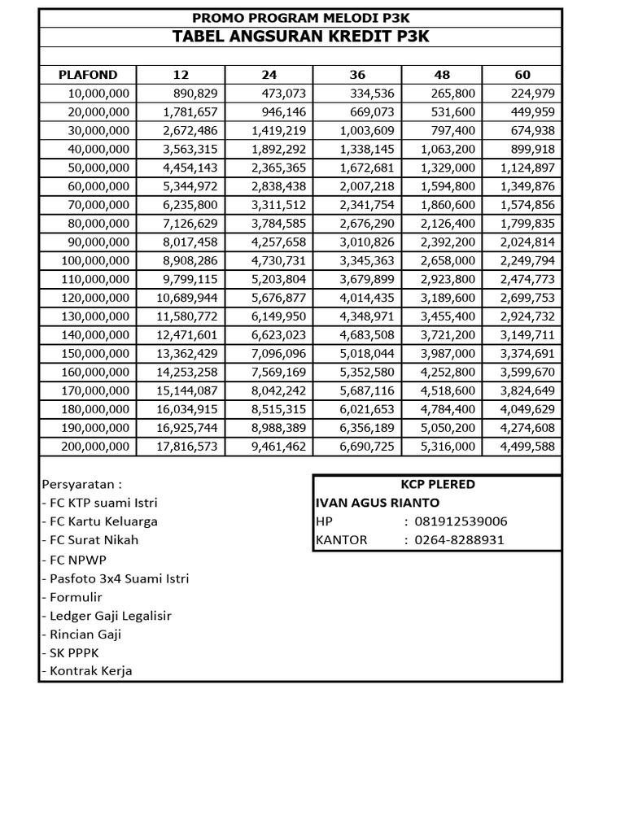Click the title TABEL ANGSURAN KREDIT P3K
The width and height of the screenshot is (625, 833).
pyautogui.click(x=300, y=37)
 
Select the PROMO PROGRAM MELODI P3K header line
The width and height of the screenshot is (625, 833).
pyautogui.click(x=300, y=17)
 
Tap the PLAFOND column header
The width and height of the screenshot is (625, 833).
pyautogui.click(x=88, y=75)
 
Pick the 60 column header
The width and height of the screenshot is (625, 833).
pyautogui.click(x=522, y=75)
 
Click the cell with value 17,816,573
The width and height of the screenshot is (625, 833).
pyautogui.click(x=188, y=446)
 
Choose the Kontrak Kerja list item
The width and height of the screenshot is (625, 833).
pyautogui.click(x=86, y=671)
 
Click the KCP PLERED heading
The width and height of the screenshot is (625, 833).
pyautogui.click(x=438, y=484)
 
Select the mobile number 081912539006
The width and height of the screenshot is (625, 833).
pyautogui.click(x=461, y=521)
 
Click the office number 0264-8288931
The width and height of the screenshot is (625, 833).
pyautogui.click(x=460, y=539)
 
